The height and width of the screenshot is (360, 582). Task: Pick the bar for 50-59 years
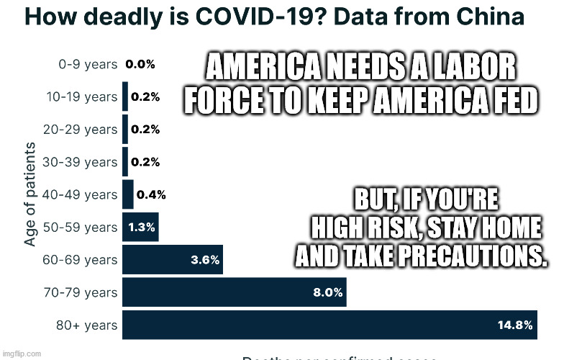(x=140, y=228)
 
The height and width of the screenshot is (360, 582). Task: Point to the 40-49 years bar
(x=128, y=194)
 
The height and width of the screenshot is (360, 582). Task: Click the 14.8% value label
(x=515, y=325)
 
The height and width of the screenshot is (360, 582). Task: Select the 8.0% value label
(x=327, y=293)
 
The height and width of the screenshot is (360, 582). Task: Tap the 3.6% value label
(x=205, y=261)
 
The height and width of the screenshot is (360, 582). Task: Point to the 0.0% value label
(x=140, y=64)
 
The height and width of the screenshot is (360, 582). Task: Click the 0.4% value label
(x=151, y=194)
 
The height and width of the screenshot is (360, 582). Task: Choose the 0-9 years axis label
(x=87, y=64)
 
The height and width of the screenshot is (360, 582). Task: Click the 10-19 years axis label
(x=81, y=96)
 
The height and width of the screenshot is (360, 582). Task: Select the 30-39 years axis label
(x=81, y=162)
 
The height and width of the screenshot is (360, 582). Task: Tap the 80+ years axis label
(x=86, y=325)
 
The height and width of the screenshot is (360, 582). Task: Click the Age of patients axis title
(x=30, y=194)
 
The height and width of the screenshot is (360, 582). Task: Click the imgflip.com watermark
(x=22, y=354)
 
